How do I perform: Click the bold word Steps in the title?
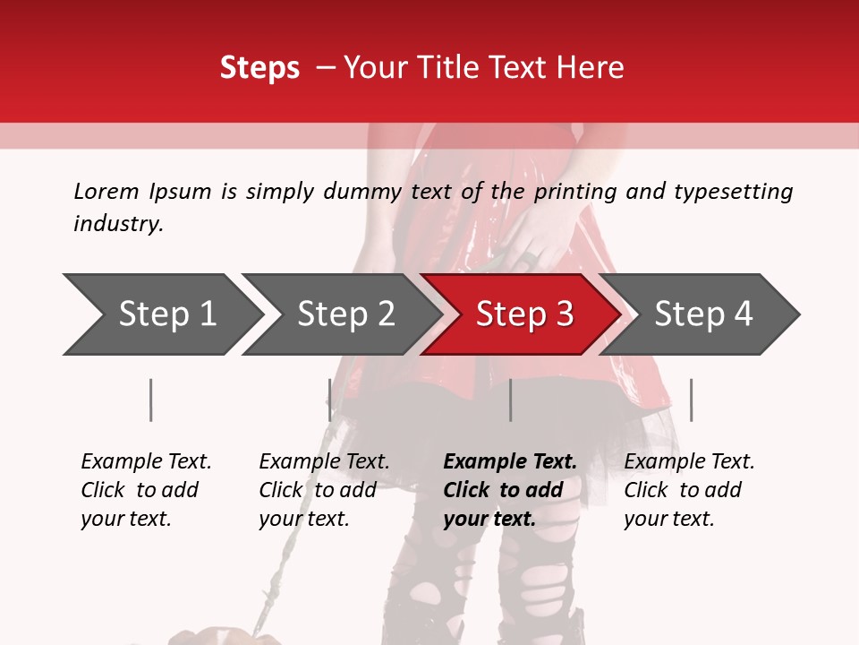pos(259,68)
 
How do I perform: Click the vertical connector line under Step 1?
pos(151,400)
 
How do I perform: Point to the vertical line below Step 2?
pos(329,400)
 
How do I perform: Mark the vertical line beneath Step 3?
pos(510,400)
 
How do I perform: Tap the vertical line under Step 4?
pos(691,400)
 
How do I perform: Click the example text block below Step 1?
pos(146,490)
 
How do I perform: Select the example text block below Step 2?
pos(324,490)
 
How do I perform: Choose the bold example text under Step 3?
pos(510,490)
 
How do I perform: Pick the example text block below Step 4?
pos(689,490)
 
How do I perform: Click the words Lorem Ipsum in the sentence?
pos(142,192)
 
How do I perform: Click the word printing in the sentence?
pos(575,192)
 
